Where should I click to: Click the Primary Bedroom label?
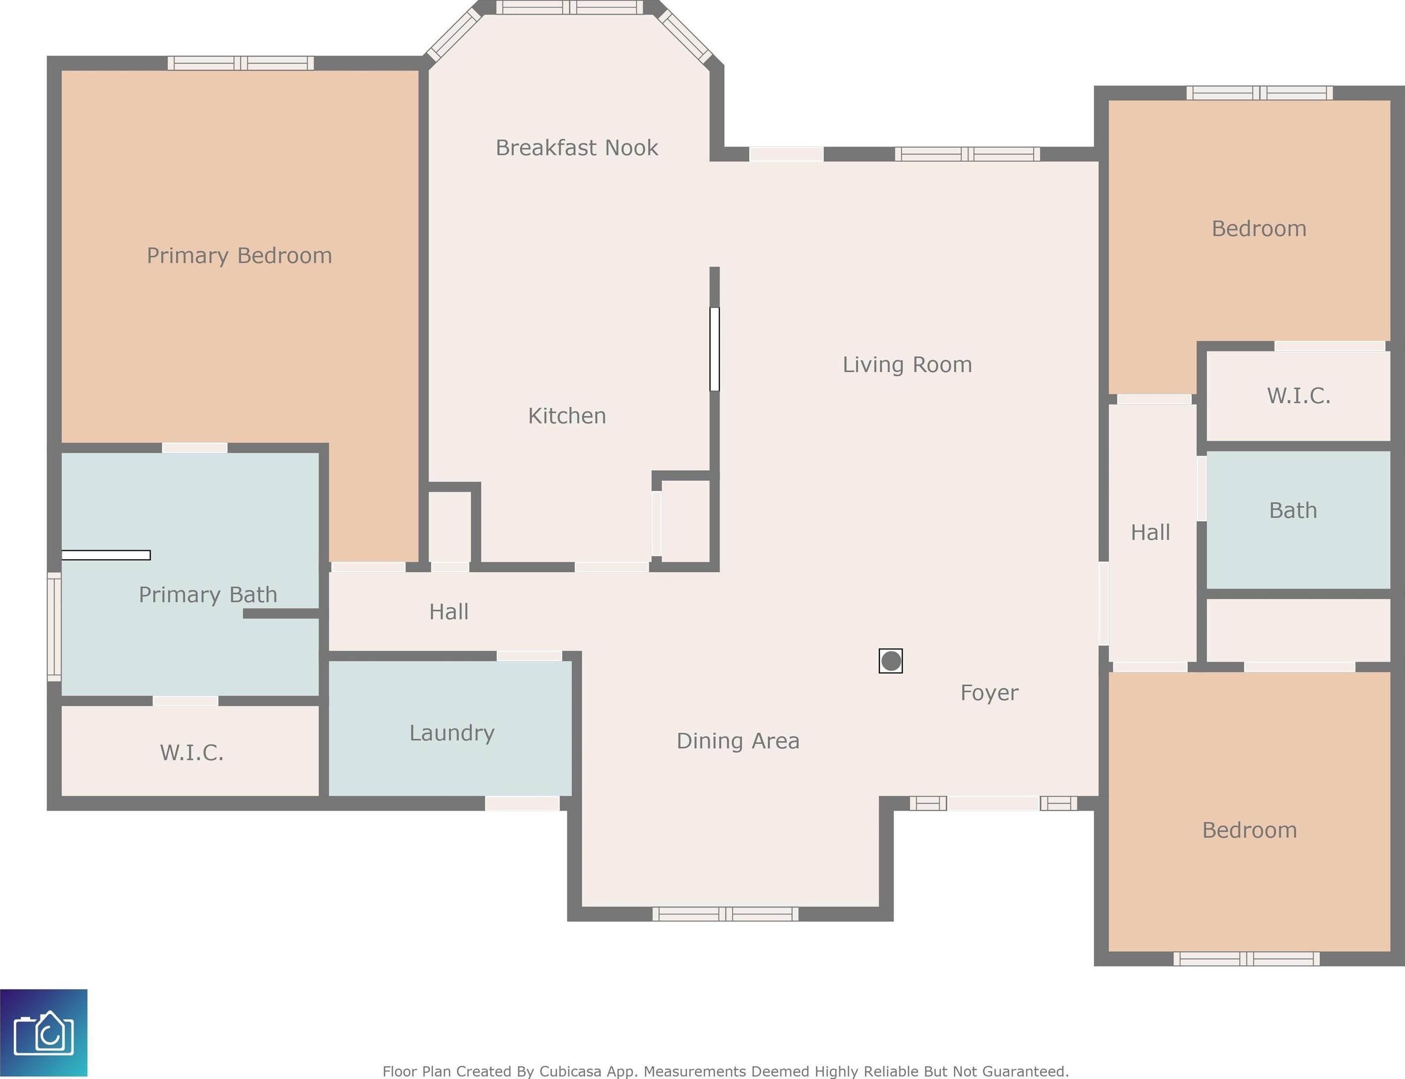[x=239, y=256]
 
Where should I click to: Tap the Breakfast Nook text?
[x=577, y=148]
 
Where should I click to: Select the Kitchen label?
[x=567, y=415]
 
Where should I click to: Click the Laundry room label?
[x=452, y=733]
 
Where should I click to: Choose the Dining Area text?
[x=738, y=741]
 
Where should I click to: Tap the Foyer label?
[x=989, y=693]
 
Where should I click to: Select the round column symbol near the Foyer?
[x=891, y=661]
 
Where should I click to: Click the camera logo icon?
[x=44, y=1033]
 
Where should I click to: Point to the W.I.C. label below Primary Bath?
[x=192, y=753]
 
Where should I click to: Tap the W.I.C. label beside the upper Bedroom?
[x=1298, y=396]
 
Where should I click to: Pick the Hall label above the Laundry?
[x=449, y=611]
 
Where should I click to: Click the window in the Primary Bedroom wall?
[x=241, y=63]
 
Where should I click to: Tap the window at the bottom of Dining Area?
[x=726, y=913]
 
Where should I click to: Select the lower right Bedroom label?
[x=1250, y=830]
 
